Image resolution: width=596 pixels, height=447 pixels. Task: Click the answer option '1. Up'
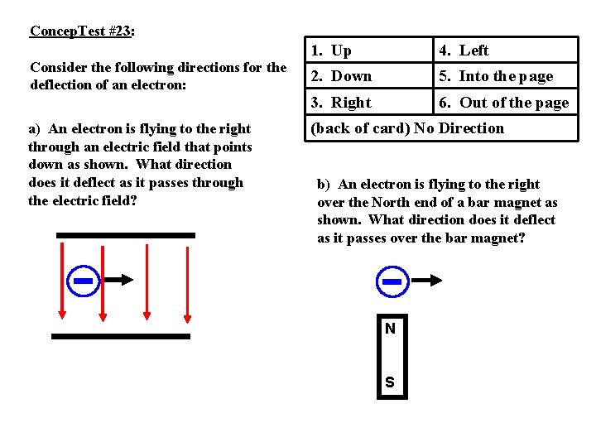331,50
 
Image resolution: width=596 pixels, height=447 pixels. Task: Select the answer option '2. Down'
341,76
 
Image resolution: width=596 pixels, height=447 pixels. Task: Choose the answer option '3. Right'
341,103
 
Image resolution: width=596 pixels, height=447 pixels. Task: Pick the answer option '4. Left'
464,50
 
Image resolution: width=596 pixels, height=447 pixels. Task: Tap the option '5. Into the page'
495,76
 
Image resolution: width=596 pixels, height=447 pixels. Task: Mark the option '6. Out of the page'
503,103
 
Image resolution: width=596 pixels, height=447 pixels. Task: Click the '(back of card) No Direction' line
406,128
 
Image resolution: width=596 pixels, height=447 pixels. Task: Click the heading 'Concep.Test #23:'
82,31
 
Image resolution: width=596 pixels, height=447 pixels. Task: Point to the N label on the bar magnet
390,329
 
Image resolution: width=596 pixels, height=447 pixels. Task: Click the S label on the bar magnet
390,382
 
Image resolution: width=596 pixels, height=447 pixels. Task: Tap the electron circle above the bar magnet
392,281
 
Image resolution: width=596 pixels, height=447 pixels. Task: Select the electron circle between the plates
83,281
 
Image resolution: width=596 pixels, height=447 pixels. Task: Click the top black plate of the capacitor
126,235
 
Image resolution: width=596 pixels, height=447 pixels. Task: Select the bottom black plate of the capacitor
121,336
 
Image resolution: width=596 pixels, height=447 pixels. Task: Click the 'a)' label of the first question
35,129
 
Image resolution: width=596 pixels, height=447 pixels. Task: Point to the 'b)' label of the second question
324,185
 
